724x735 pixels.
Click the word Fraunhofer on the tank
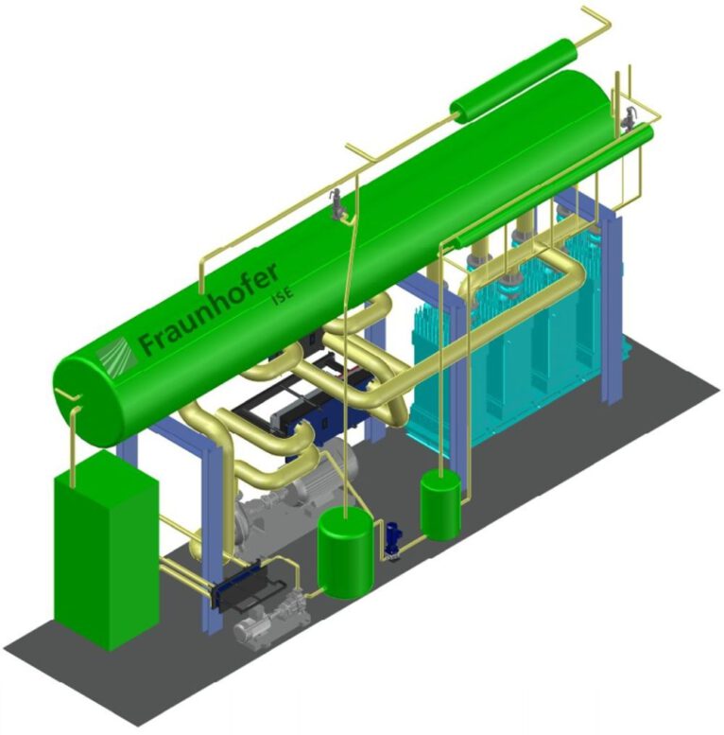click(209, 307)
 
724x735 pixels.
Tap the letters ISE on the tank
click(283, 293)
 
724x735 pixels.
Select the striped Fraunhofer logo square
click(117, 357)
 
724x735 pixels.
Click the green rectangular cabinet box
click(106, 550)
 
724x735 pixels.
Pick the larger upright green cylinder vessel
click(345, 554)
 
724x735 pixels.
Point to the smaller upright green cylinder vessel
click(440, 504)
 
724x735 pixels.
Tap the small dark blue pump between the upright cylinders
click(392, 540)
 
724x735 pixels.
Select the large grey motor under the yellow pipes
click(323, 473)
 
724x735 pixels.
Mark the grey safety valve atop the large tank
click(336, 204)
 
